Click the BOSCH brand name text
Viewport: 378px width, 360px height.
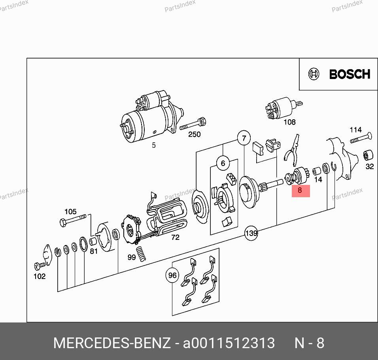coord(350,74)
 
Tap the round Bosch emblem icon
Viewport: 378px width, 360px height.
coord(314,74)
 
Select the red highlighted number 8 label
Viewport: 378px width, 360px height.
coord(301,191)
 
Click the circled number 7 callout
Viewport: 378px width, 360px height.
coord(244,138)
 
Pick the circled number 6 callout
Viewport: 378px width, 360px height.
coord(223,163)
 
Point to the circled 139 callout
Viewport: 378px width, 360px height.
coord(251,233)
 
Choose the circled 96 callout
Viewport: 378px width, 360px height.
coord(172,275)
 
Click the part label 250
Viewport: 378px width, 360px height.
coord(194,134)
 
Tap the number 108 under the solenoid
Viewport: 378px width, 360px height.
coord(289,122)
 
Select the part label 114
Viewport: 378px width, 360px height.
coord(355,130)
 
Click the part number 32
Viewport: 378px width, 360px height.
coord(370,166)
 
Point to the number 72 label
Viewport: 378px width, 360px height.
coord(175,237)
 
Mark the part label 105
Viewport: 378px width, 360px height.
coord(70,211)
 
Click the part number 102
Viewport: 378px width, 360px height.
coord(40,276)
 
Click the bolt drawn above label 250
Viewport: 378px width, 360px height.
coord(193,124)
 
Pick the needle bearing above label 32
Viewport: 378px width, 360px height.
coord(368,155)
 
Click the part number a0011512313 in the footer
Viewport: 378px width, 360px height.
coord(229,343)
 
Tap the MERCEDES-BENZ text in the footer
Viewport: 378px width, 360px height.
coord(112,343)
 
